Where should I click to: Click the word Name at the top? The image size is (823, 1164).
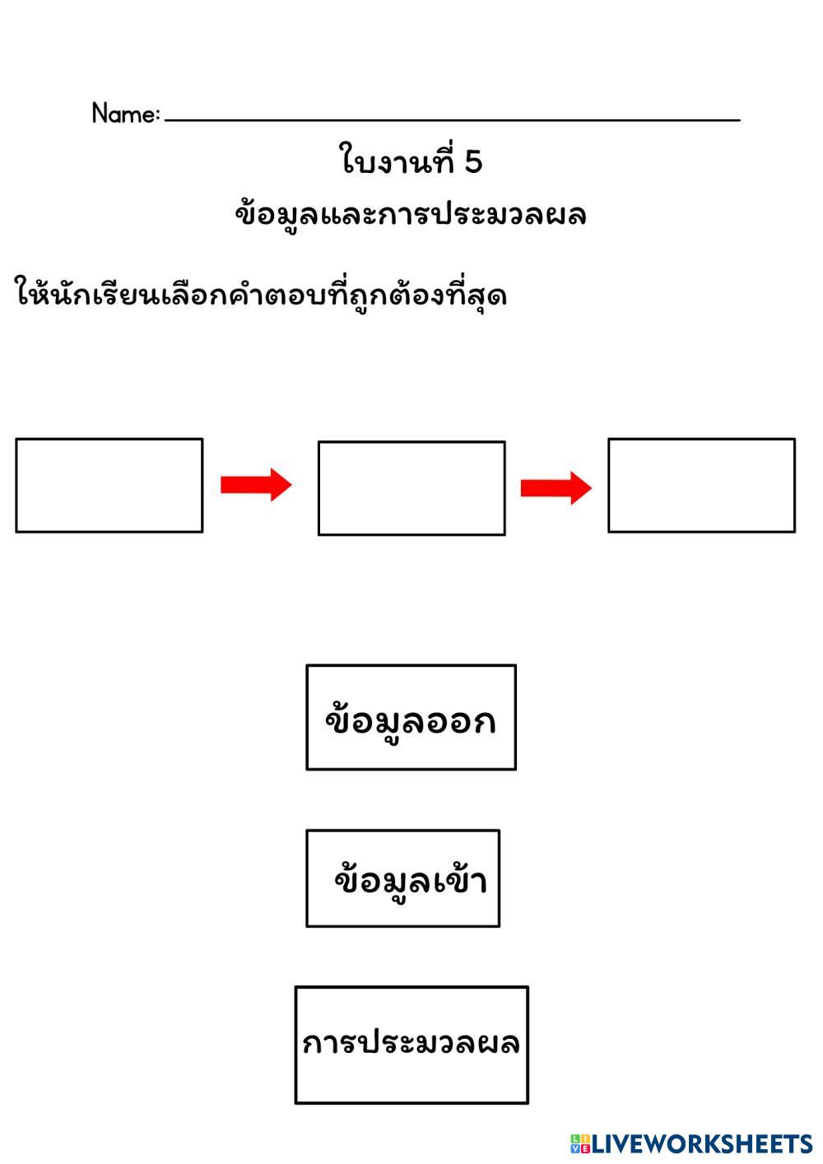122,114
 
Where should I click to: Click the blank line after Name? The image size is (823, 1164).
453,119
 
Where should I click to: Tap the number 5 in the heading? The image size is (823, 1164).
472,162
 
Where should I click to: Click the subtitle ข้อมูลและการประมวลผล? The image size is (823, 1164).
411,215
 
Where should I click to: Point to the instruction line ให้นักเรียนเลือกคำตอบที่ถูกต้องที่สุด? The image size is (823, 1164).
261,295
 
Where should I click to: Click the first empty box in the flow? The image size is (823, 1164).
109,485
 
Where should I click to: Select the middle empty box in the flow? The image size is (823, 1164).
411,488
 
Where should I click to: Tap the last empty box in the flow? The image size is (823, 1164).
701,485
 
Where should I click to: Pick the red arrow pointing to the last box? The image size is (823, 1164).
556,488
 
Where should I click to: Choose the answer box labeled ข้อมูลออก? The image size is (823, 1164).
411,717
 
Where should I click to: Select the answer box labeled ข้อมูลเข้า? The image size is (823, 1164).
402,878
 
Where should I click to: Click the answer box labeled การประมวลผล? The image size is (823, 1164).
411,1045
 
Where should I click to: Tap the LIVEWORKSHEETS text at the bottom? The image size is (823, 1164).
701,1143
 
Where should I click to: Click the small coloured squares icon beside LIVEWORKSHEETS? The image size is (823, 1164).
580,1143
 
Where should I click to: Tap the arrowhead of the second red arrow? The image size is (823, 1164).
581,488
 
